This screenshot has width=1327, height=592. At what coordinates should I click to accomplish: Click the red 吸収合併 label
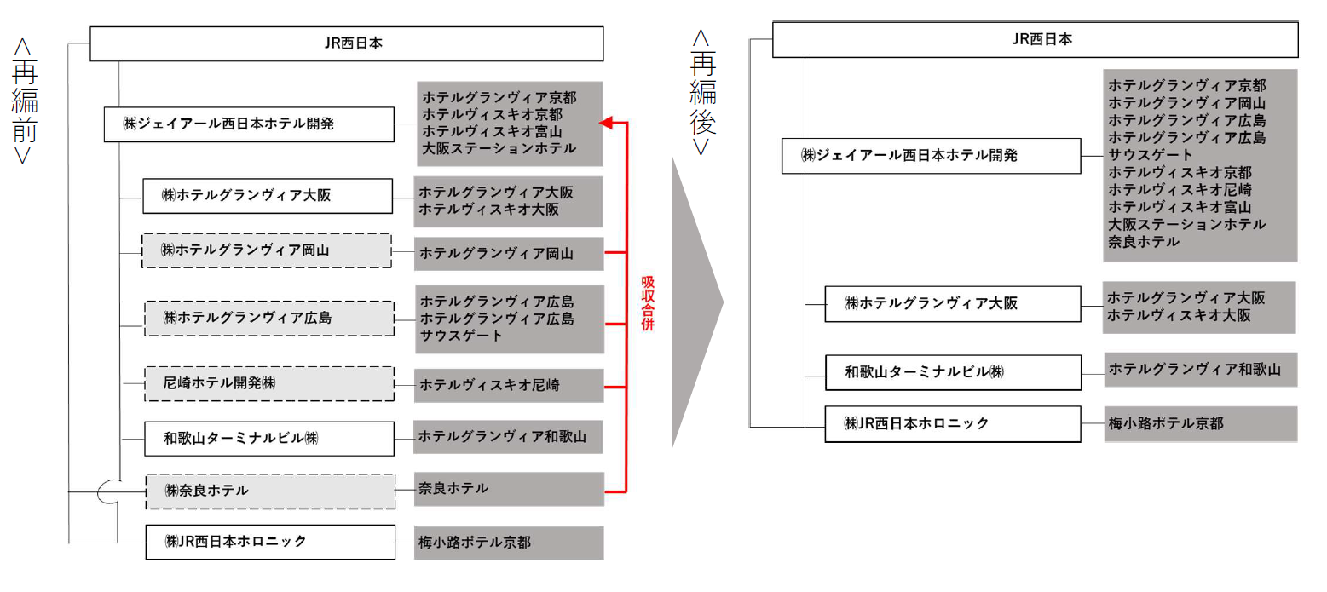pyautogui.click(x=648, y=302)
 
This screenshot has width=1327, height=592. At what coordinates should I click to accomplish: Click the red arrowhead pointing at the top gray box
pyautogui.click(x=605, y=123)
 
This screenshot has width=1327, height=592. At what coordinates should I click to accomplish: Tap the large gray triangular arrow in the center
pyautogui.click(x=697, y=302)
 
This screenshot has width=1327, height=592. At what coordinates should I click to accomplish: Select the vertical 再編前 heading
pyautogui.click(x=24, y=101)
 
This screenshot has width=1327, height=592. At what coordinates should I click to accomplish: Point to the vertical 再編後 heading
pyautogui.click(x=702, y=93)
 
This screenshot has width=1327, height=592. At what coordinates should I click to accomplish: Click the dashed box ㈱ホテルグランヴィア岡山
pyautogui.click(x=267, y=250)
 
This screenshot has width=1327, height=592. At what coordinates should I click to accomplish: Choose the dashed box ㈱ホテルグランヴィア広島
pyautogui.click(x=269, y=319)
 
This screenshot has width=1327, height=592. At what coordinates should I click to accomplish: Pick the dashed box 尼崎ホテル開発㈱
pyautogui.click(x=269, y=383)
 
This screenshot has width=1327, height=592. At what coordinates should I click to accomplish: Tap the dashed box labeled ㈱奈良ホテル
pyautogui.click(x=270, y=491)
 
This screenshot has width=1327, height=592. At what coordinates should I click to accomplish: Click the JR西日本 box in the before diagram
pyautogui.click(x=347, y=43)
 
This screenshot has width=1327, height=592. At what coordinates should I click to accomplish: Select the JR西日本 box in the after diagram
pyautogui.click(x=1035, y=40)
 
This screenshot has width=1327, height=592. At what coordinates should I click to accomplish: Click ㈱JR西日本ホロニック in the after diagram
pyautogui.click(x=953, y=424)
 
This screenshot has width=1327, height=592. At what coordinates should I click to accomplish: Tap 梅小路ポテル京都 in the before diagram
pyautogui.click(x=475, y=543)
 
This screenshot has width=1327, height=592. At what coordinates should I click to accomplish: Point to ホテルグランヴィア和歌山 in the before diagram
pyautogui.click(x=502, y=437)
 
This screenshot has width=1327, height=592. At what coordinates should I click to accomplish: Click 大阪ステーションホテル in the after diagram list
pyautogui.click(x=1186, y=224)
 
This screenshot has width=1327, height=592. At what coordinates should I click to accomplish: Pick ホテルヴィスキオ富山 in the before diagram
pyautogui.click(x=492, y=131)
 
